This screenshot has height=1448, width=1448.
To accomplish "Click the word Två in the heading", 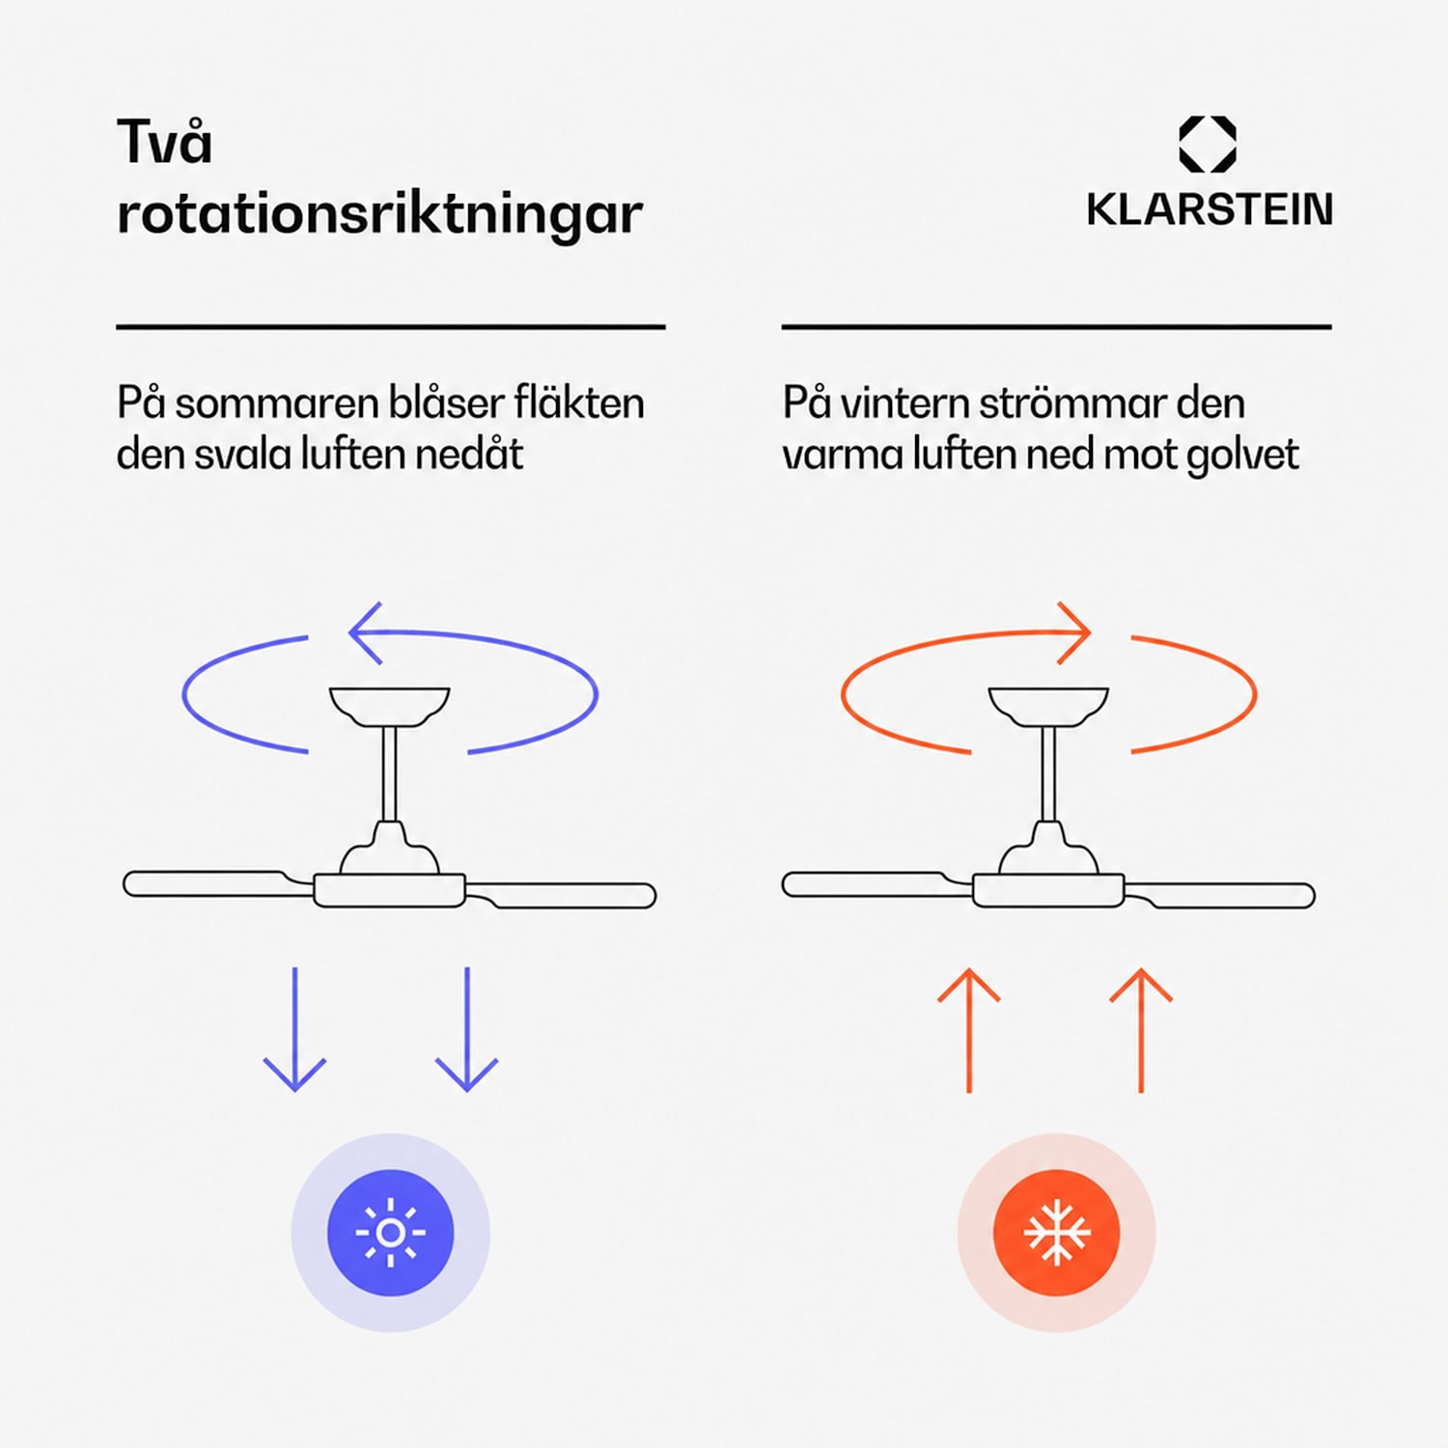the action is [x=164, y=142].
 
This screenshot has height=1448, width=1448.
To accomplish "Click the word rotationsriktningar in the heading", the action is [x=379, y=213].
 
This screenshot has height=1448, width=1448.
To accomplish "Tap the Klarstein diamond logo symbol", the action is [x=1208, y=145].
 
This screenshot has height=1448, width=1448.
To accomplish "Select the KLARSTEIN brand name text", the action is [x=1210, y=209].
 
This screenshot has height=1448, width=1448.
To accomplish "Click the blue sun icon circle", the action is [x=390, y=1233].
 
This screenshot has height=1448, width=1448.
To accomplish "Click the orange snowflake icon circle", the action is [x=1057, y=1233].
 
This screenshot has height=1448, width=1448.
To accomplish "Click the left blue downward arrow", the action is [x=294, y=1029].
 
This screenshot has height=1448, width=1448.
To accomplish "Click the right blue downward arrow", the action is [x=466, y=1029].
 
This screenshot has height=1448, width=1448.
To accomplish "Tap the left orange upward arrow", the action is [x=969, y=1030].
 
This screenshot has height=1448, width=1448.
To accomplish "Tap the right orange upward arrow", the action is [x=1141, y=1030].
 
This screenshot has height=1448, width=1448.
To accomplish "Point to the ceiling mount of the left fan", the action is [x=389, y=706].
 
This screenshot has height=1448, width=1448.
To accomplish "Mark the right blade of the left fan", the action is [x=561, y=894].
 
